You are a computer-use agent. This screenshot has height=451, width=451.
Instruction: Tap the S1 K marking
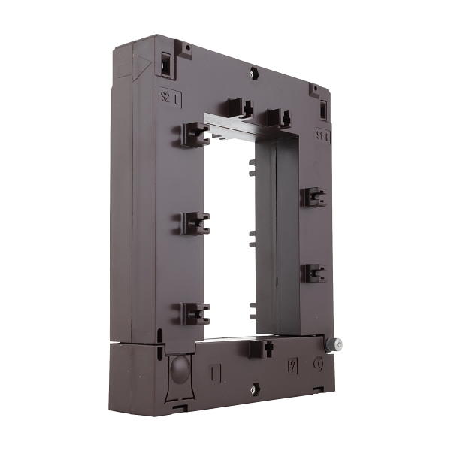[323, 137]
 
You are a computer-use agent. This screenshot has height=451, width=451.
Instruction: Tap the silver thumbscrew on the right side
[336, 344]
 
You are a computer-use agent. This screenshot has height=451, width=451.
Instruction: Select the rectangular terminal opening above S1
[323, 110]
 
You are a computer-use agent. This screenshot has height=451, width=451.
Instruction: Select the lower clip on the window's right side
[313, 272]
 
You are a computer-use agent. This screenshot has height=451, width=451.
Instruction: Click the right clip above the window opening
[277, 116]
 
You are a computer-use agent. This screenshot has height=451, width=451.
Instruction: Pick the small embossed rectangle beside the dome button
[216, 372]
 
